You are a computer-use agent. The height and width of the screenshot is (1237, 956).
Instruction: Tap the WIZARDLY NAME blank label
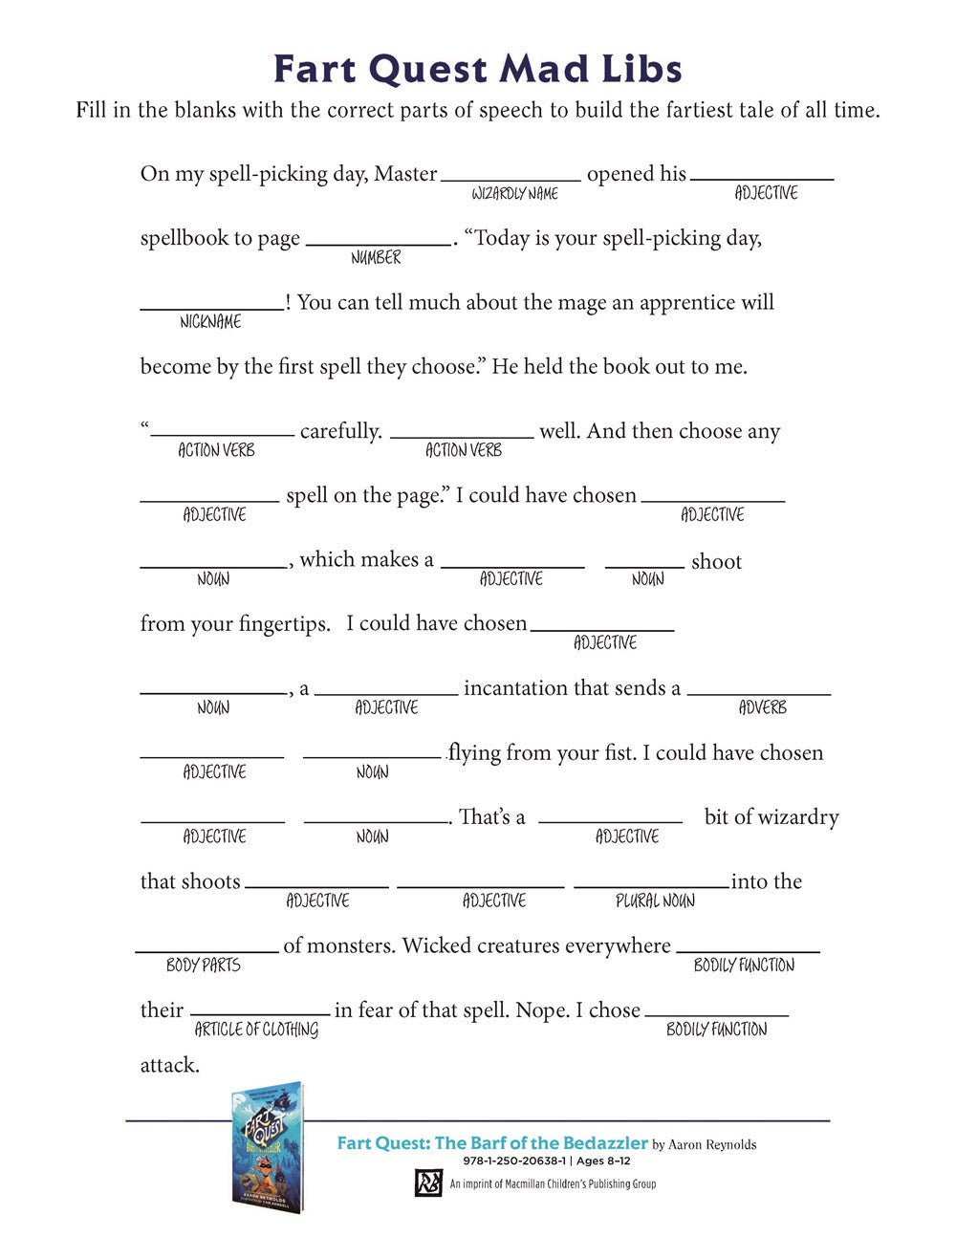514,193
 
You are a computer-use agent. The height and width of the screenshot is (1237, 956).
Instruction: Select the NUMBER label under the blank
376,257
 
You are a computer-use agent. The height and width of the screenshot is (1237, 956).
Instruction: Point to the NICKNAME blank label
210,322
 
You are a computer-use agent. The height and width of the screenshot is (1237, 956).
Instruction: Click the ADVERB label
762,707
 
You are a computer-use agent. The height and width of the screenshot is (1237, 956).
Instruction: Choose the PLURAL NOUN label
655,901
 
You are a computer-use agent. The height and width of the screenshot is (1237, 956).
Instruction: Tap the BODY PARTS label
203,965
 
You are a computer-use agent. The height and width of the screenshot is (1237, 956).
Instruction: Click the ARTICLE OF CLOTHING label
256,1030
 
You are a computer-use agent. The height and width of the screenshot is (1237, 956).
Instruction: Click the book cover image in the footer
267,1145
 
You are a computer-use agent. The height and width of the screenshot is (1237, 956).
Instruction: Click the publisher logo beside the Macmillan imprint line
426,1183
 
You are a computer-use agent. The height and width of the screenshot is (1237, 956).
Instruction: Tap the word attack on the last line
169,1065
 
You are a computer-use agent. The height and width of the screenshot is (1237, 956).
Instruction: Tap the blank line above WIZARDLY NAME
511,180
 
